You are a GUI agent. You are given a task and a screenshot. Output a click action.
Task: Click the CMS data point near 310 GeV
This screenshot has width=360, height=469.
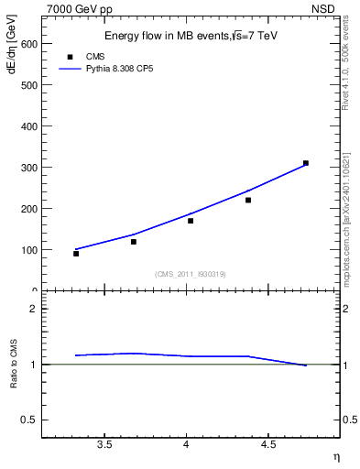[x=306, y=163]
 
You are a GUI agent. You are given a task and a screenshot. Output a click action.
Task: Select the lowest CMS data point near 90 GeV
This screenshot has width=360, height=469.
[x=76, y=254]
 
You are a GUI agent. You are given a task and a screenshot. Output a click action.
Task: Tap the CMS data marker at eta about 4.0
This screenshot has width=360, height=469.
[x=191, y=221]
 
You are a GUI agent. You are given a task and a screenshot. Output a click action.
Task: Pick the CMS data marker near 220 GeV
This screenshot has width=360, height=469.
[x=248, y=200]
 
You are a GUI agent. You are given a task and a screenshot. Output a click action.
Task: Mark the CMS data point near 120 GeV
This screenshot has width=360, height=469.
[x=134, y=242]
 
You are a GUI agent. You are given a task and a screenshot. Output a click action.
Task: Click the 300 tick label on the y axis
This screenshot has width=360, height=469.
[x=29, y=167]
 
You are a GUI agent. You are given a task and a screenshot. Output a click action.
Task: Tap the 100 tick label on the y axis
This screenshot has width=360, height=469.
[x=29, y=249]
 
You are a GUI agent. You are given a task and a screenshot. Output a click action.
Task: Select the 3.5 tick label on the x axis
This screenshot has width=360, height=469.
[x=104, y=445]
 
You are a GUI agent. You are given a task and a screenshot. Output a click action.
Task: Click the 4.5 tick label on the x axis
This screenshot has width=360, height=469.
[x=267, y=445]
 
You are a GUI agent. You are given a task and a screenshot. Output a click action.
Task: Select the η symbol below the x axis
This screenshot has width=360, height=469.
[x=335, y=455]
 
